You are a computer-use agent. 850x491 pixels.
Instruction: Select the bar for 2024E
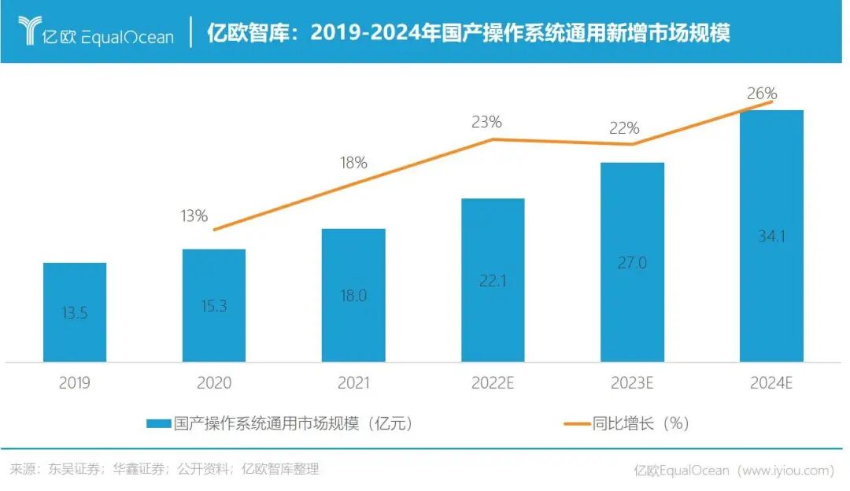tap(771, 236)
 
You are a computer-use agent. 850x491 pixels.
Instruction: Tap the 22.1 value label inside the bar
tap(493, 281)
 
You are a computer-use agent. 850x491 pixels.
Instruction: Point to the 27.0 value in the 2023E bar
tap(632, 263)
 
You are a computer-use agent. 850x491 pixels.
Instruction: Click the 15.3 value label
tap(213, 306)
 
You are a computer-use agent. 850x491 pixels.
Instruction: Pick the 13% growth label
tap(194, 216)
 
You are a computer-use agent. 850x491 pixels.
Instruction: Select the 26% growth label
tap(762, 94)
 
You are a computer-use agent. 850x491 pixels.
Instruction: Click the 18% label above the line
tap(353, 163)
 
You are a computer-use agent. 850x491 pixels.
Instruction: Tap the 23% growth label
tap(486, 122)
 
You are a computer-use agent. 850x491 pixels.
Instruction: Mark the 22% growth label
tap(624, 128)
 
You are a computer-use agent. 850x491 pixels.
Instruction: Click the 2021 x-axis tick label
tap(353, 383)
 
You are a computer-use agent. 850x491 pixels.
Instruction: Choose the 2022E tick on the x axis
tap(493, 383)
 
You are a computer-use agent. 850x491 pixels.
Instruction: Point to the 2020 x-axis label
tap(213, 383)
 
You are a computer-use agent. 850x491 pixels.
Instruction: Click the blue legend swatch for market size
tap(158, 423)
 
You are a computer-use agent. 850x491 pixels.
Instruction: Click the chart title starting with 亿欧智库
tap(468, 33)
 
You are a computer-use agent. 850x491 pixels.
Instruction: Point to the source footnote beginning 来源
tap(164, 470)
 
